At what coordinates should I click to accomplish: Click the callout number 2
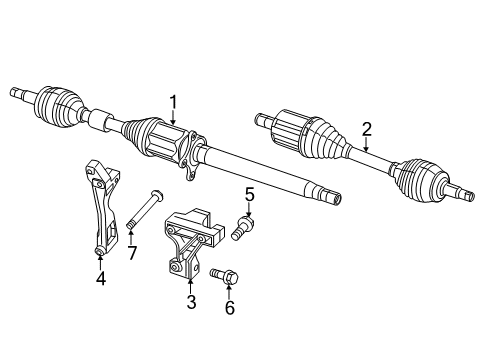[x=367, y=128]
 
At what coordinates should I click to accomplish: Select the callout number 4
[x=101, y=280]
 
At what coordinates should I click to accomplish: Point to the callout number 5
[x=250, y=194]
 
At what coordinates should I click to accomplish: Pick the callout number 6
[x=230, y=309]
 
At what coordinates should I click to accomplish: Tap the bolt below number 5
[x=243, y=228]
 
